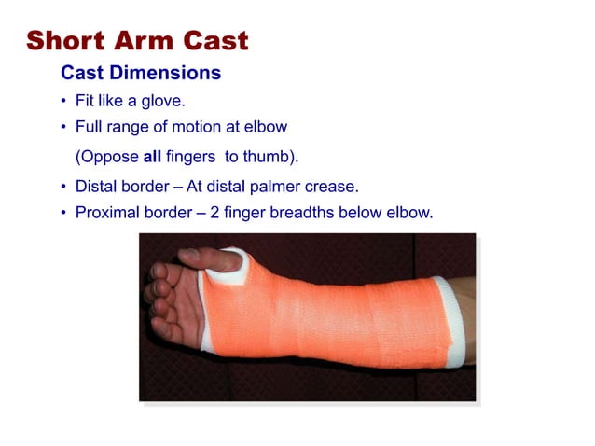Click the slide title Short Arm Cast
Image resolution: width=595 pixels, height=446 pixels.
click(x=137, y=41)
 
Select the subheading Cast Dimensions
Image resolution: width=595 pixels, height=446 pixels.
click(x=141, y=72)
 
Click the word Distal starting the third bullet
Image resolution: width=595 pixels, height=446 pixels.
click(x=98, y=186)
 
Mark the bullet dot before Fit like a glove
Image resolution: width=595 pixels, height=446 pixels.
click(x=63, y=102)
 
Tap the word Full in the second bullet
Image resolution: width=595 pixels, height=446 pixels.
click(x=90, y=126)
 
